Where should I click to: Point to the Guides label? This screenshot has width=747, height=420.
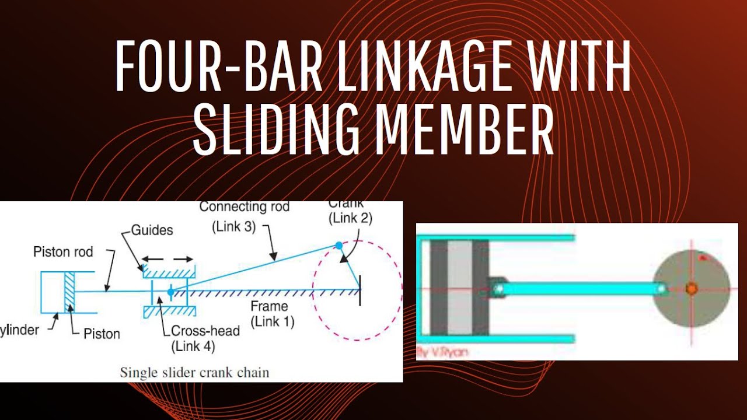click(152, 230)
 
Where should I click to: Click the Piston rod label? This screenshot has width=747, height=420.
click(63, 253)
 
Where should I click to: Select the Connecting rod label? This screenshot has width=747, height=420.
click(245, 207)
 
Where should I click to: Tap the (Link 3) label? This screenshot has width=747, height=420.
click(235, 228)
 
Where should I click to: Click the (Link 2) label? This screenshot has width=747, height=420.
click(350, 218)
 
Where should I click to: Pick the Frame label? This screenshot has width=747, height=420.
click(269, 306)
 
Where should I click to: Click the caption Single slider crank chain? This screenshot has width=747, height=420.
click(194, 372)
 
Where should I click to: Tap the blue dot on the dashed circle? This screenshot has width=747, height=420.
click(338, 246)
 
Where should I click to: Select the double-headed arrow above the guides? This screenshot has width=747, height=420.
click(167, 258)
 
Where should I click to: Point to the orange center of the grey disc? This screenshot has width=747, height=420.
click(692, 288)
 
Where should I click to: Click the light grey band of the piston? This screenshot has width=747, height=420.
click(459, 288)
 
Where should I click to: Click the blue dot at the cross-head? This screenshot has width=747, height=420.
click(170, 291)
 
